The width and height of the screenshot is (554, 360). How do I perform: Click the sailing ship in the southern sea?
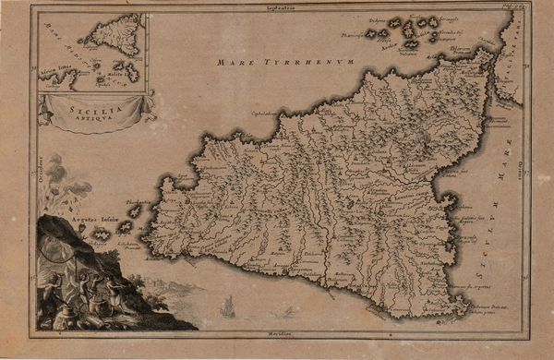click(228, 307)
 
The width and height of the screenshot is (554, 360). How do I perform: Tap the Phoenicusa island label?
click(355, 35)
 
